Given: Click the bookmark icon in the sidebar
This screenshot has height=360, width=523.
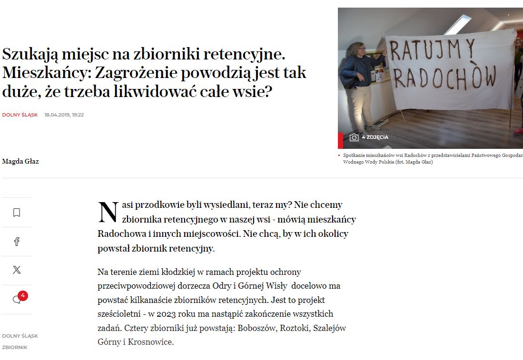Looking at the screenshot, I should point(17,213).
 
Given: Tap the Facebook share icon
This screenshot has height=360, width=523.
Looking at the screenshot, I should point(17,242).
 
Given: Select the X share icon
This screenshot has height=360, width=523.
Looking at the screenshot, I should point(17,270).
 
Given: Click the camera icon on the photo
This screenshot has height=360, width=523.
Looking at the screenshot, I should point(354,137).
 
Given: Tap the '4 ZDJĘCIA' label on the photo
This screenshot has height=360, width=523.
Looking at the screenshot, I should point(375,137).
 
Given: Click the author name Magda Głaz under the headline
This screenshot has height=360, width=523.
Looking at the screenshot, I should point(20,161).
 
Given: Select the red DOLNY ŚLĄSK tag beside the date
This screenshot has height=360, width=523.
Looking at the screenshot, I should point(20,115).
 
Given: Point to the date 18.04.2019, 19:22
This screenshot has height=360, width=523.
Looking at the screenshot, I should point(64,115).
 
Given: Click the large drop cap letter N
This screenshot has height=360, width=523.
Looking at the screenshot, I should point(108,212).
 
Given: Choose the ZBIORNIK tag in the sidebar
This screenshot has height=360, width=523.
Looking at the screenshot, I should point(15,347).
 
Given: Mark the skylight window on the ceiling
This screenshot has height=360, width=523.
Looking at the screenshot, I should point(457,24).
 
